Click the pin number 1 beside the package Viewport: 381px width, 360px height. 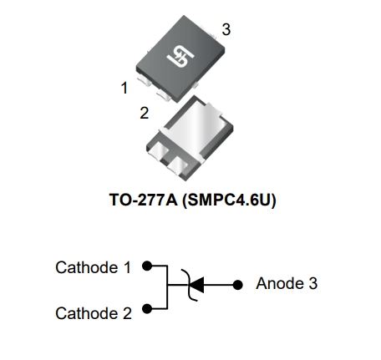click(x=124, y=86)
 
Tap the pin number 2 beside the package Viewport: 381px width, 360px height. click(x=144, y=112)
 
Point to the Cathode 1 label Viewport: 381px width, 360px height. click(x=93, y=268)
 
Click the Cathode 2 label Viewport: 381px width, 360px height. click(x=93, y=314)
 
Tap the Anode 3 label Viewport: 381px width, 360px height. click(x=287, y=283)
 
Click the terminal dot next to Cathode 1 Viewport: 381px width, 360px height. click(x=146, y=267)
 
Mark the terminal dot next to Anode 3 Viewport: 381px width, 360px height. click(x=242, y=284)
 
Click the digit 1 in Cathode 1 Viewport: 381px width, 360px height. click(x=126, y=268)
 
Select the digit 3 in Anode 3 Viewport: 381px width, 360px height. click(x=312, y=283)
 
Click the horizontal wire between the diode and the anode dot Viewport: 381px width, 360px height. click(x=221, y=284)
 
